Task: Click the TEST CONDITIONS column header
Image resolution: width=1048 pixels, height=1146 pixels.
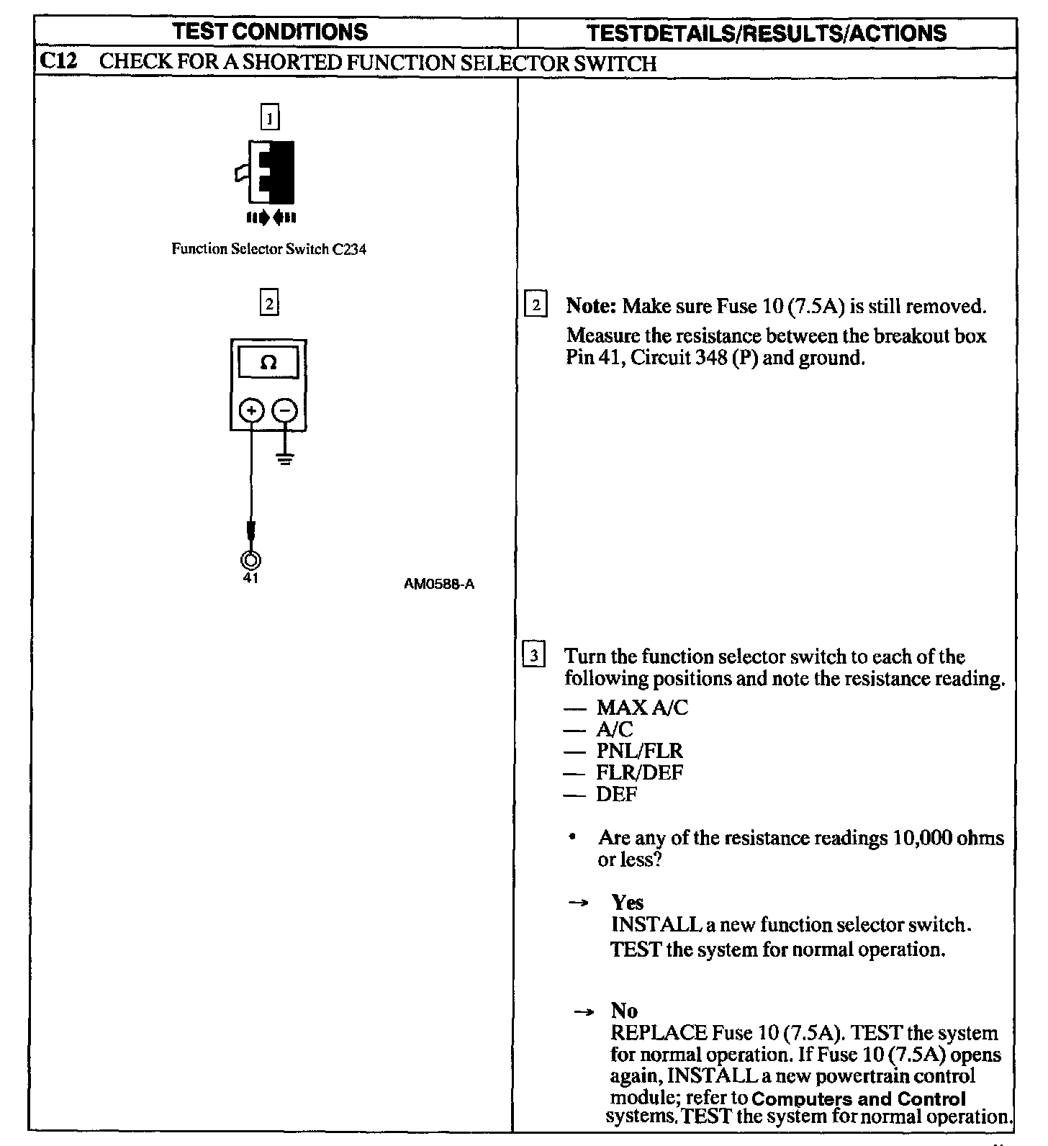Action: click(271, 32)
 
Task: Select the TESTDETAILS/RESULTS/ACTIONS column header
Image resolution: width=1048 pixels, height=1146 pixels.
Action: click(767, 33)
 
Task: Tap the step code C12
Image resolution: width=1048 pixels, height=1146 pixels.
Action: click(58, 62)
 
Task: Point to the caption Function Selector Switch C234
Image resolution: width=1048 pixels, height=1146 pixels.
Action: click(268, 250)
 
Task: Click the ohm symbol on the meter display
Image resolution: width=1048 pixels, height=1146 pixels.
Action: click(268, 363)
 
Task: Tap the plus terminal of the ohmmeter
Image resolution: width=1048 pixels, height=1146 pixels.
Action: click(251, 411)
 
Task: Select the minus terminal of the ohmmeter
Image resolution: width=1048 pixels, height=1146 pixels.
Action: click(285, 411)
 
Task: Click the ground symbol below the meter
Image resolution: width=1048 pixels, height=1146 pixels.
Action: click(285, 458)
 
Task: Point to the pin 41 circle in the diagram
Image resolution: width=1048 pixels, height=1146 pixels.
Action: click(250, 559)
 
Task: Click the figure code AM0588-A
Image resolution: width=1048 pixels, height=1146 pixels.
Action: click(439, 585)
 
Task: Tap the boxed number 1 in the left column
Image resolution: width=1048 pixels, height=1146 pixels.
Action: click(269, 117)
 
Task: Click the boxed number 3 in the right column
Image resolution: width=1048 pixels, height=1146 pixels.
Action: click(533, 656)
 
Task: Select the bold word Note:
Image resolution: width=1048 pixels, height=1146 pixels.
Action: click(591, 306)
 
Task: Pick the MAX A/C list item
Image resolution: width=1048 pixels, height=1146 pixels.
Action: click(642, 708)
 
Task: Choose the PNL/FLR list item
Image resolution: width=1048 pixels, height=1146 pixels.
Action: click(639, 751)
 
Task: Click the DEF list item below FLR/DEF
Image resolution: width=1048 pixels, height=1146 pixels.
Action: click(617, 794)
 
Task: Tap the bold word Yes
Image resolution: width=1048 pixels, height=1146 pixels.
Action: click(628, 903)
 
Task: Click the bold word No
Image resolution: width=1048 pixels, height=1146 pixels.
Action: click(624, 1011)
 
